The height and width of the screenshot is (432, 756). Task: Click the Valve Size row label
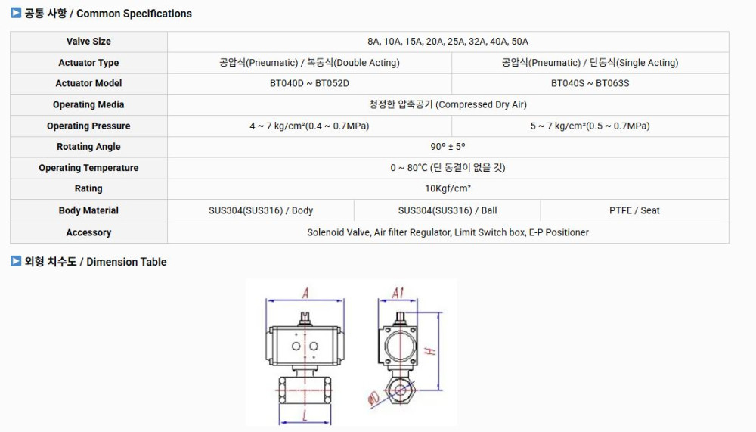(88, 42)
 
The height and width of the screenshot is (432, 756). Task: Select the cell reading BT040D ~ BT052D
(309, 83)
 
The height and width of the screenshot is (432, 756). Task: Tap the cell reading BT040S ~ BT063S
(590, 83)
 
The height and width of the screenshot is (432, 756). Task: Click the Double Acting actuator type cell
(309, 62)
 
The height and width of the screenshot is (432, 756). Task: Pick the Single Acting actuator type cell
(590, 62)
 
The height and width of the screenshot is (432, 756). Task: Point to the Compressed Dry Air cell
(448, 104)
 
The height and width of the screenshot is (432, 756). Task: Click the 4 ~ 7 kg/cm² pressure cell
(309, 126)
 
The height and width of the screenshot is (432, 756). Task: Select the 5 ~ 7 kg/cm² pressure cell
(590, 126)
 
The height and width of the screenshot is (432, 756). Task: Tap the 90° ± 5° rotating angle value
(448, 147)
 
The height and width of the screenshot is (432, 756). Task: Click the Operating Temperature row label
(88, 168)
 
